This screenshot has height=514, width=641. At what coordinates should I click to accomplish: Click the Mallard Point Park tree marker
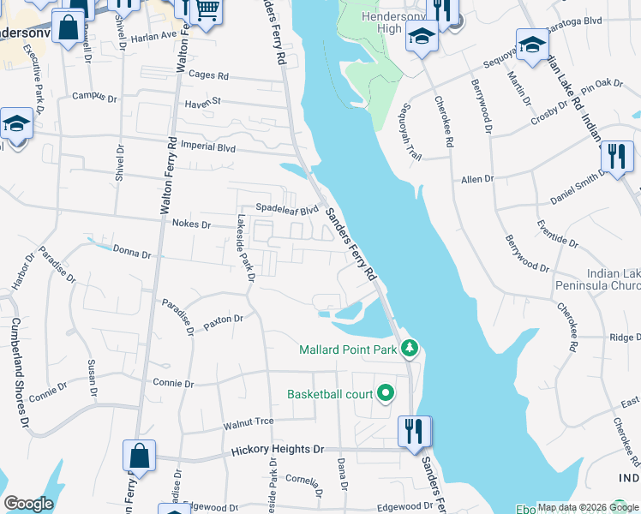(410, 349)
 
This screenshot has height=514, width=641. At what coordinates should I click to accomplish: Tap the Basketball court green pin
(386, 394)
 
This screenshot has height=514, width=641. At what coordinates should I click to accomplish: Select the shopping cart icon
(206, 11)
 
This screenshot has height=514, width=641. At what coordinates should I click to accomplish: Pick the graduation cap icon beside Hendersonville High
(422, 37)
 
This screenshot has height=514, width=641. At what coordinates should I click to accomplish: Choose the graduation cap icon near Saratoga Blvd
(532, 45)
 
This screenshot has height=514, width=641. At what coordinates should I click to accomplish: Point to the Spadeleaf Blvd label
(288, 208)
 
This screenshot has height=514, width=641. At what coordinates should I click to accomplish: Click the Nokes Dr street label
(191, 224)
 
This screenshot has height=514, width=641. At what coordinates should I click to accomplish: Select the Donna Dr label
(132, 254)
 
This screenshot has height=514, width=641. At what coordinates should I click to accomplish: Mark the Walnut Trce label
(248, 421)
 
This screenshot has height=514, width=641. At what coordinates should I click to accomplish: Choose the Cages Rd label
(209, 75)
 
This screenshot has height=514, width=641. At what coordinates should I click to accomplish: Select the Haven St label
(202, 102)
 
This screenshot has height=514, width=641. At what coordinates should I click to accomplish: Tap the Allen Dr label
(478, 178)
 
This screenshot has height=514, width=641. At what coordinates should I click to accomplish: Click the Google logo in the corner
(28, 504)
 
